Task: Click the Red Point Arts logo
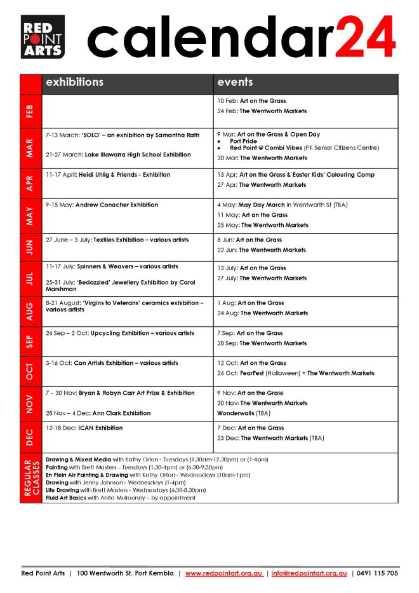42,36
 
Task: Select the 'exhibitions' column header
73,83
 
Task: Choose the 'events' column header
235,83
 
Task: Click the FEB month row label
30,111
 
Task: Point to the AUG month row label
30,311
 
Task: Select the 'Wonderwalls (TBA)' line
244,413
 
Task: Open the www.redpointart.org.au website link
223,573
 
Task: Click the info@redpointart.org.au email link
309,573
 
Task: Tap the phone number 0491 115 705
378,573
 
